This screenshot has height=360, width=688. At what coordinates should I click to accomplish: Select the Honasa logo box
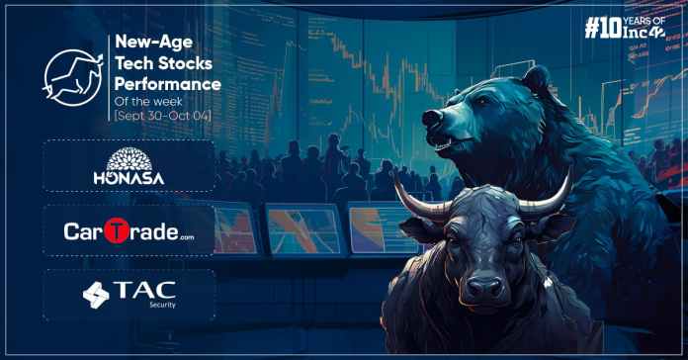pyautogui.click(x=129, y=165)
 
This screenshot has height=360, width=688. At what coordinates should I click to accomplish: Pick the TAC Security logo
pyautogui.click(x=129, y=295)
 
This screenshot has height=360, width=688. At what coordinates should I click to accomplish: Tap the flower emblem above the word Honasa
pyautogui.click(x=129, y=157)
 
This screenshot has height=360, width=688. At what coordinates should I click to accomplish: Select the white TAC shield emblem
pyautogui.click(x=97, y=295)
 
